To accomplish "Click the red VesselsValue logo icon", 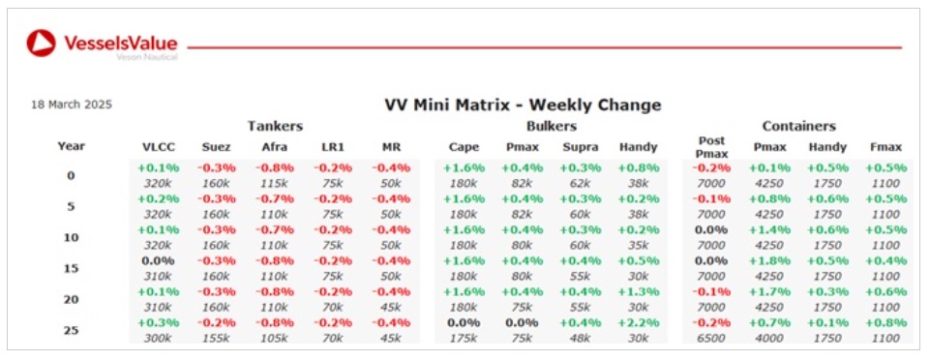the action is [x=42, y=44].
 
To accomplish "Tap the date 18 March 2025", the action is [x=72, y=105].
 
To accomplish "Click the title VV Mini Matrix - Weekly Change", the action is [x=523, y=105].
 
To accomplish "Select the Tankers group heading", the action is [x=275, y=126].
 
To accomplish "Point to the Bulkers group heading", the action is [x=552, y=126].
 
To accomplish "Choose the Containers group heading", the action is [x=799, y=126].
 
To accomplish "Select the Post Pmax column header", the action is [x=711, y=147].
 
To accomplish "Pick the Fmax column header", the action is [x=886, y=147].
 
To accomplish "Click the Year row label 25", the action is [x=72, y=330].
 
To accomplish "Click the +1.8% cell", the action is [x=770, y=260].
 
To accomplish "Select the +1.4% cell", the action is [x=770, y=229].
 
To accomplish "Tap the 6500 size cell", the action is [x=711, y=338].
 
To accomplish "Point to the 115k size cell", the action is [x=274, y=183].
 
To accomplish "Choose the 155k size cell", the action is [x=216, y=338].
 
